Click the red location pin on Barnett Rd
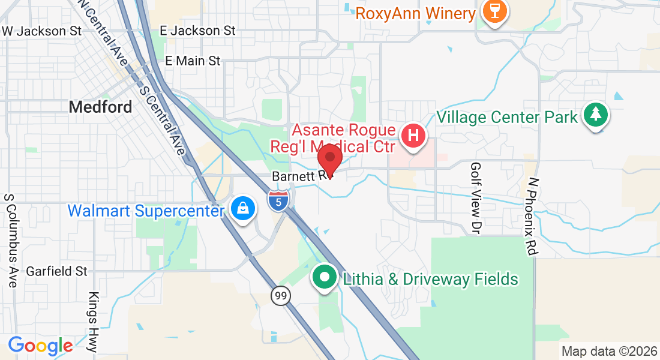click(x=329, y=158)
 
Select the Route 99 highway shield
click(x=280, y=295)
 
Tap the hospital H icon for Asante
click(x=413, y=134)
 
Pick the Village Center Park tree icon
click(x=595, y=114)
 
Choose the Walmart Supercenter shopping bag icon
click(x=243, y=208)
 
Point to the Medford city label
click(x=100, y=107)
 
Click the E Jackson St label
click(x=197, y=30)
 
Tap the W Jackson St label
click(x=41, y=31)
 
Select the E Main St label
click(x=193, y=61)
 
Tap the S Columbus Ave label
click(x=10, y=240)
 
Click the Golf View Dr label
click(x=476, y=197)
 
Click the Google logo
click(x=40, y=346)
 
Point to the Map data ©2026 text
click(x=609, y=351)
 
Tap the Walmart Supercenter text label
click(x=146, y=211)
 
